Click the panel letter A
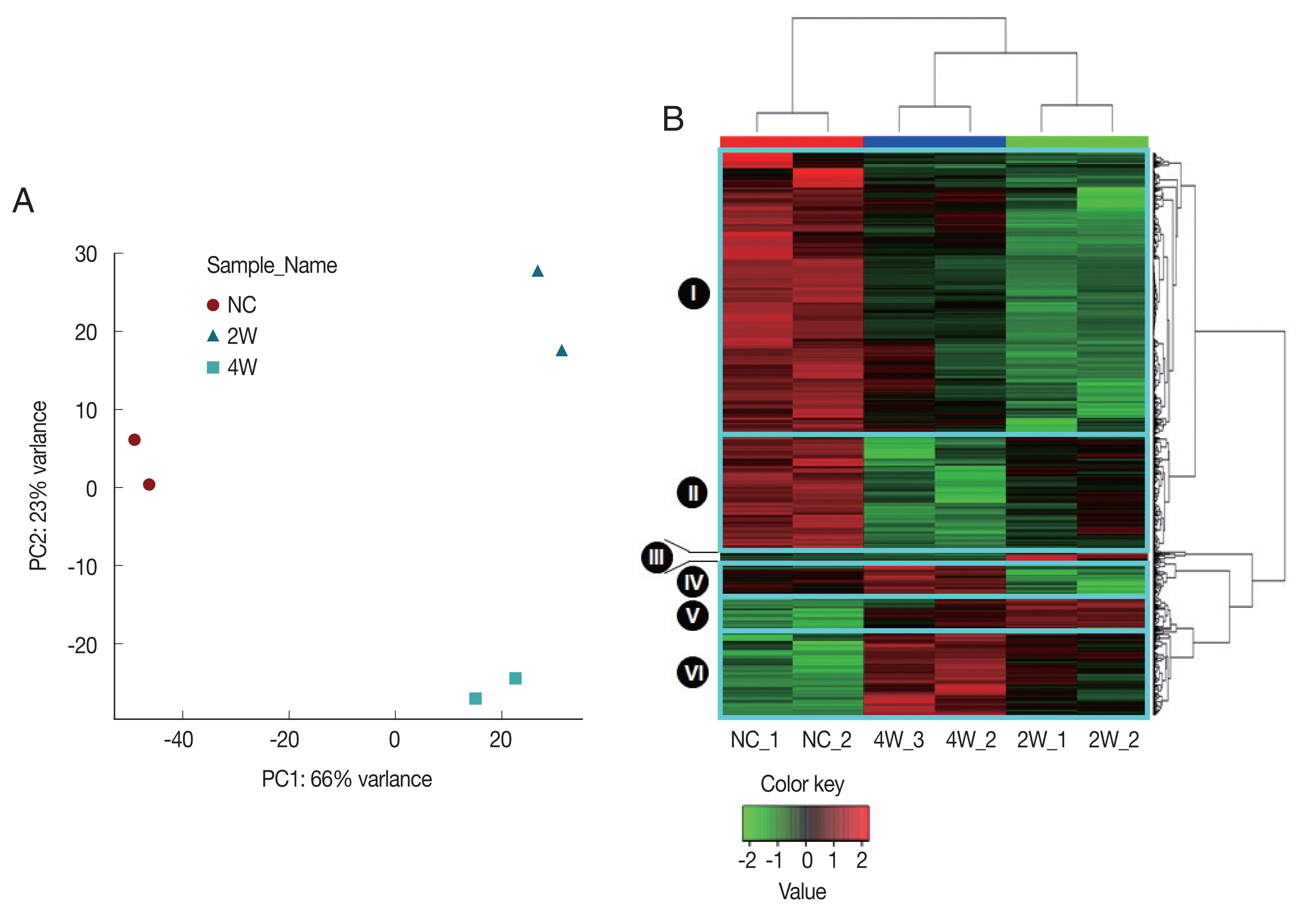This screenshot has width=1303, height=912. (x=23, y=201)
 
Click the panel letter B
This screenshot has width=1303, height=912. (x=673, y=119)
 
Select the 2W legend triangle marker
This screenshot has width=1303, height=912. (x=213, y=336)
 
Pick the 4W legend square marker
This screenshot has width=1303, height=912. (x=213, y=367)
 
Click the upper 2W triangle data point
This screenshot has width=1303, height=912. (x=538, y=271)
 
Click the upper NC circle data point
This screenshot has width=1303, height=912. (x=134, y=440)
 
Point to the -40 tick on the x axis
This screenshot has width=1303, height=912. (x=179, y=739)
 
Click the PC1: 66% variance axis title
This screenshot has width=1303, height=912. (x=347, y=779)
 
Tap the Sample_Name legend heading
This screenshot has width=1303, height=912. (x=272, y=266)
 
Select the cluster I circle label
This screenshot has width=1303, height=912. (x=694, y=293)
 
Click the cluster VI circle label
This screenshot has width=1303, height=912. (x=693, y=673)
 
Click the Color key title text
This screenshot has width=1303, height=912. (x=802, y=784)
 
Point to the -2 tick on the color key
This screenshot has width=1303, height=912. (x=748, y=861)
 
